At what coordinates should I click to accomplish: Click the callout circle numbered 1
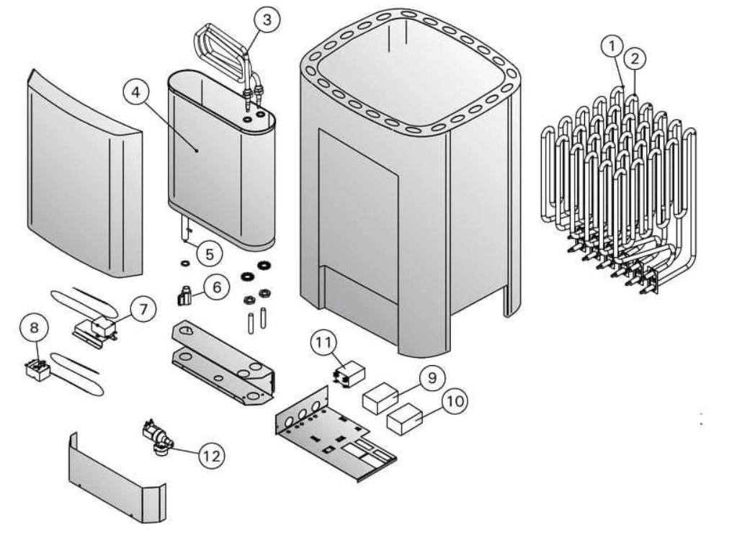(x=612, y=47)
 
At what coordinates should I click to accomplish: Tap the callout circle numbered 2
(x=635, y=59)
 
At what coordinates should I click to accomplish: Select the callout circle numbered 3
(x=267, y=20)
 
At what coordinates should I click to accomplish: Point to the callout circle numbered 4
(x=135, y=92)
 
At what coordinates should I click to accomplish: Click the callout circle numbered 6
(x=217, y=287)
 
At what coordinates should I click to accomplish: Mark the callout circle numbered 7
(x=143, y=309)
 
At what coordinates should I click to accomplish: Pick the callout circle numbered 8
(x=35, y=328)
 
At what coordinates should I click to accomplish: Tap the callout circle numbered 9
(x=432, y=377)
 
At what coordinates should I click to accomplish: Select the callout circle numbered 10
(x=455, y=400)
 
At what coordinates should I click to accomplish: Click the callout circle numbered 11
(x=323, y=343)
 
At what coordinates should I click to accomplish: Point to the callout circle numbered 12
(x=212, y=455)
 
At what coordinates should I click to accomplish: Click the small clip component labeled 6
(x=184, y=297)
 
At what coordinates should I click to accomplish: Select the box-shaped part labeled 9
(x=380, y=398)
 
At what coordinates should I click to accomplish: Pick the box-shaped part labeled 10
(x=405, y=419)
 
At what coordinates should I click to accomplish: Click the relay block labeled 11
(x=349, y=374)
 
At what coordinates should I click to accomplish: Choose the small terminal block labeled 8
(x=37, y=369)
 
